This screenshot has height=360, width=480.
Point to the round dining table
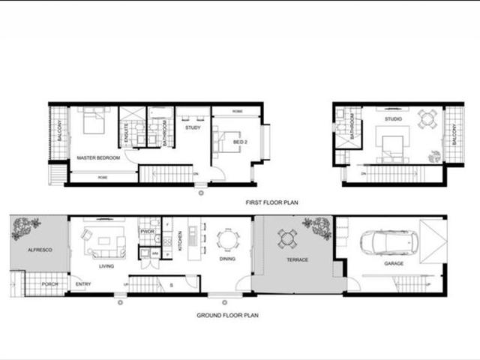[228, 239]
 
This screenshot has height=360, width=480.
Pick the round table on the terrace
[287, 238]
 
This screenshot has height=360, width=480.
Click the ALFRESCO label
[39, 249]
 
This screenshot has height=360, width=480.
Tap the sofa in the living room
[103, 240]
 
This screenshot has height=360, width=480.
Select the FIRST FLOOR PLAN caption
[271, 202]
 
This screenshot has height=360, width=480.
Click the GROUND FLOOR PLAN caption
[227, 316]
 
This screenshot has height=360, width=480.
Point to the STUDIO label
[393, 118]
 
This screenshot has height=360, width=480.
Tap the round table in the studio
[427, 119]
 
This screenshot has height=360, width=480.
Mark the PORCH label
[50, 283]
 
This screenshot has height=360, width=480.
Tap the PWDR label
[147, 232]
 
